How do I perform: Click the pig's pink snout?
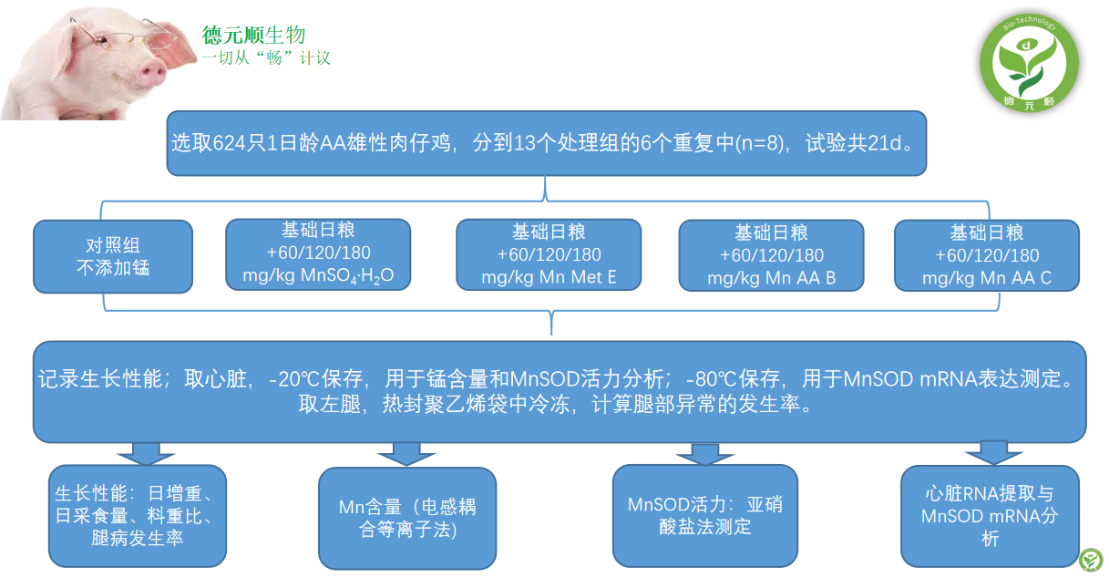point(150,73)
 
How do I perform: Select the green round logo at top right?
point(1030,62)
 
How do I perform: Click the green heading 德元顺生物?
point(253,36)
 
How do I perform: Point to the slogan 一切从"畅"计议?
point(266,58)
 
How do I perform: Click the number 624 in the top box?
point(230,143)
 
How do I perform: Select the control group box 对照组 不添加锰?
point(113,256)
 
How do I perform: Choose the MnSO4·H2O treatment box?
point(318,254)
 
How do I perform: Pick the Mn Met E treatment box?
point(549,255)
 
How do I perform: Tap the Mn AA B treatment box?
point(771,255)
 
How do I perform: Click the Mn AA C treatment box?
point(987,255)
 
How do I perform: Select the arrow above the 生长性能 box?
point(146,454)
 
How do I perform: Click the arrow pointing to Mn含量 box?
point(406,454)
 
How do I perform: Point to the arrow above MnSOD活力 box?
point(705,454)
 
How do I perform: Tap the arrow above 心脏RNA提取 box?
point(993,453)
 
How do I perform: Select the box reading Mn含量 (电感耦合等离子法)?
point(407,518)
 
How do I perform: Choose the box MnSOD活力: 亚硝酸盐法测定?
point(705,516)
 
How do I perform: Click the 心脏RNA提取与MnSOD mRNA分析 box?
point(991,516)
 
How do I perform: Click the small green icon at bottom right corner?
point(1091,560)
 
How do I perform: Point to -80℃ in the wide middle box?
point(708,379)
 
